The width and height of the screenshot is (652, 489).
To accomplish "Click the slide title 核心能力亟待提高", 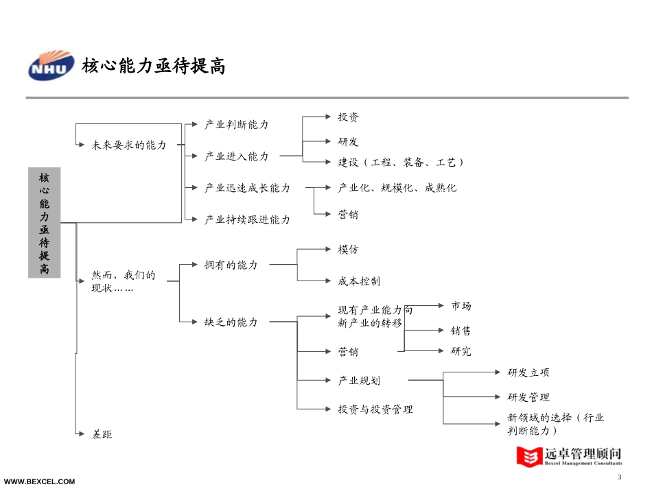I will (x=153, y=67).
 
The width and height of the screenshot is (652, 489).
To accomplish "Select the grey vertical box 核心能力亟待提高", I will (x=44, y=222).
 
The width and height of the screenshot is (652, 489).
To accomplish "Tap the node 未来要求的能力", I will (x=129, y=145).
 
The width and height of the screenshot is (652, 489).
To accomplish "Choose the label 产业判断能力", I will (x=237, y=125).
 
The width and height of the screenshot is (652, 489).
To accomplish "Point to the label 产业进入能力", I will (x=237, y=156).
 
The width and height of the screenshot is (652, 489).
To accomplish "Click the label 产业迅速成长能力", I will (x=247, y=188).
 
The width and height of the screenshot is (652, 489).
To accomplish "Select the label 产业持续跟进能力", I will (x=247, y=219).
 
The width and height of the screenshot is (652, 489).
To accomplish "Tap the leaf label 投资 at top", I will (x=348, y=117).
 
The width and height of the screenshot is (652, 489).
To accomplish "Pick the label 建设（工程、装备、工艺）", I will (x=401, y=163).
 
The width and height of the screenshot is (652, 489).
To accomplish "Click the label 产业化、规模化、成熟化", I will (x=397, y=188).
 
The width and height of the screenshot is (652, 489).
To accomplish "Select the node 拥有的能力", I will (x=231, y=265).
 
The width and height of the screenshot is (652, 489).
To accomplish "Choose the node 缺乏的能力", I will (x=231, y=322).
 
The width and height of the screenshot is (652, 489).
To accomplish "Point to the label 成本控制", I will (x=359, y=281).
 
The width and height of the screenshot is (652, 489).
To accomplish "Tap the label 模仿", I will (x=348, y=250).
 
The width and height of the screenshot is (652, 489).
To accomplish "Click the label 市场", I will (x=461, y=306).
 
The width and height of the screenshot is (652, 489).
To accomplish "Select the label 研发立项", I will (x=528, y=373).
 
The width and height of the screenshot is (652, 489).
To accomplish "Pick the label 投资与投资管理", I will (x=375, y=409).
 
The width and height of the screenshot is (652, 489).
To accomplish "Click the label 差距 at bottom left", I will (x=102, y=434).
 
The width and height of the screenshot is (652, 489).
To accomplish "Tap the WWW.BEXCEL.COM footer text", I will (x=40, y=481).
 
